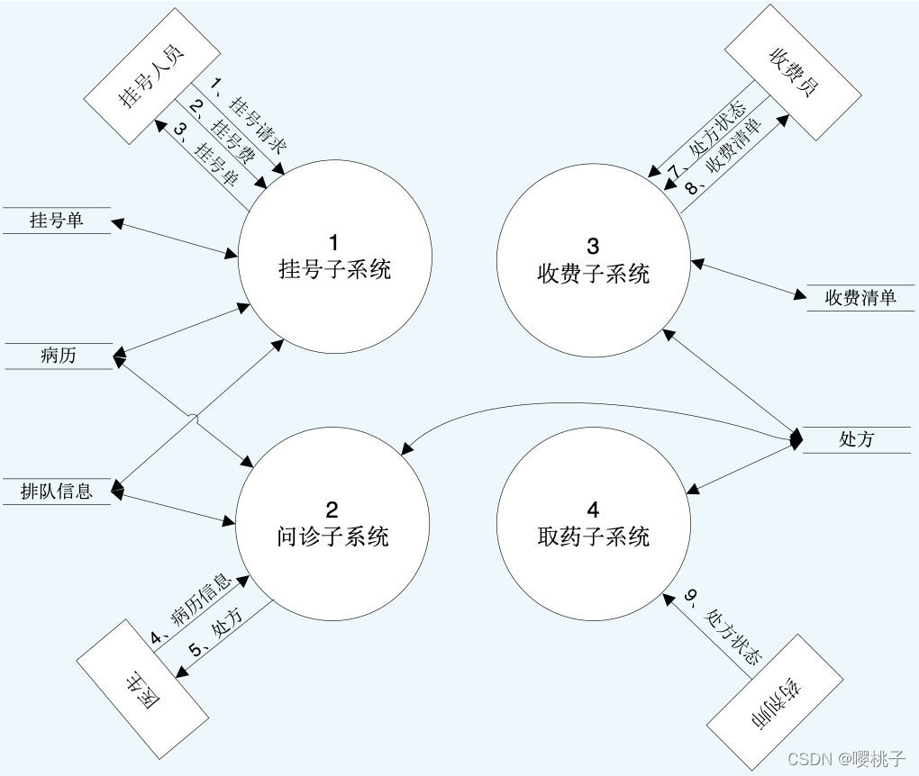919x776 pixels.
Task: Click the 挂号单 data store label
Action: [x=57, y=220]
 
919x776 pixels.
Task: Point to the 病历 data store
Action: [x=59, y=356]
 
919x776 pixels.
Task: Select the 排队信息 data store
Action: [x=57, y=492]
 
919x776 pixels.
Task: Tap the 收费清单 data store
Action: [x=860, y=298]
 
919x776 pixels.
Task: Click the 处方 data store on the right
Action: [x=856, y=439]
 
